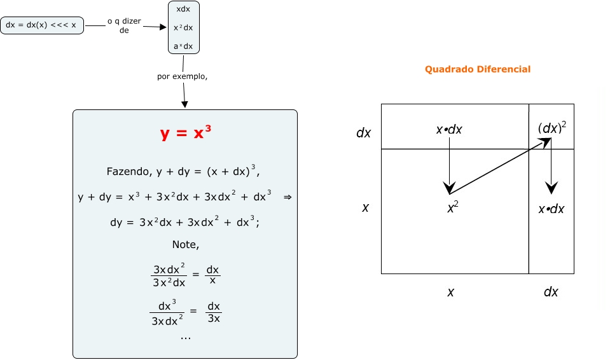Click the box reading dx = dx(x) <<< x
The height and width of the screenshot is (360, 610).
click(x=41, y=26)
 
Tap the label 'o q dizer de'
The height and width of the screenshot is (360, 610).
click(x=124, y=25)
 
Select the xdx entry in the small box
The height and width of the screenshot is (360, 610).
click(x=184, y=10)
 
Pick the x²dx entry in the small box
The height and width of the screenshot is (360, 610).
click(x=183, y=28)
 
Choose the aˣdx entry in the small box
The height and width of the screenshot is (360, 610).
click(x=183, y=46)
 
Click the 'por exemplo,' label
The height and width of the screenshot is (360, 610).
click(x=183, y=77)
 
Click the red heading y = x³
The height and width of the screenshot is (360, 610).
click(x=185, y=134)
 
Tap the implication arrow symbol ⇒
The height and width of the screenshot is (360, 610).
click(x=287, y=197)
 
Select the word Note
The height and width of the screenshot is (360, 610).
click(x=184, y=244)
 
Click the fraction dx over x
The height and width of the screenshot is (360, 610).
click(x=214, y=274)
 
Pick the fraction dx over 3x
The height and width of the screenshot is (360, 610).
click(x=214, y=312)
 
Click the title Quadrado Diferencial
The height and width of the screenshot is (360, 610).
click(x=478, y=69)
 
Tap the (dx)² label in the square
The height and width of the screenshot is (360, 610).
click(x=551, y=128)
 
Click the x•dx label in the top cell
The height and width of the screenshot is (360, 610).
click(x=449, y=130)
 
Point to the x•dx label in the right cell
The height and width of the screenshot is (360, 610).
click(x=551, y=209)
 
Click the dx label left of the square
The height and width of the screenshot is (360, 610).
click(x=364, y=133)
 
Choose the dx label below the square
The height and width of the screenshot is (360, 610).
click(x=551, y=292)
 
